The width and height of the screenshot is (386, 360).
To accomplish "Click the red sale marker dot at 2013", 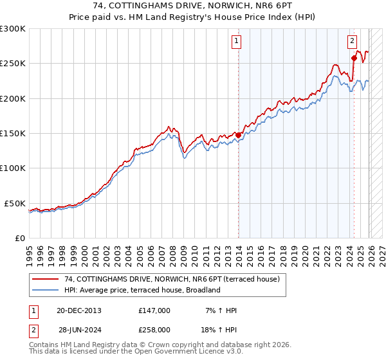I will [238, 135].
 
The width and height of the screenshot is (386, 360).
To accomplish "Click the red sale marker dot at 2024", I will [354, 58].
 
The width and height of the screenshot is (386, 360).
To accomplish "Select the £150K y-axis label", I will [13, 134].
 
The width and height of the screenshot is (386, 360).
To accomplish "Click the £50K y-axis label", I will [15, 203].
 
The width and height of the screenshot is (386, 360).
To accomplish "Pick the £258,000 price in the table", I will [154, 330].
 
